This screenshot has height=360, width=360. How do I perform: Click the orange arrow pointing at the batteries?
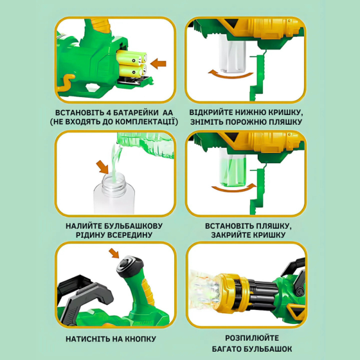(158, 64)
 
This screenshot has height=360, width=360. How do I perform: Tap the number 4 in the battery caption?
(109, 113)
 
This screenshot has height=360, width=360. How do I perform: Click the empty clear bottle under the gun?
(232, 54)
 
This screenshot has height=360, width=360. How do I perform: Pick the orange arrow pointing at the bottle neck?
(103, 167)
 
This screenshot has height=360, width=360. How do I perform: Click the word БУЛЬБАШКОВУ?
(134, 226)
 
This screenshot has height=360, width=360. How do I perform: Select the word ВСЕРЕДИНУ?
(130, 235)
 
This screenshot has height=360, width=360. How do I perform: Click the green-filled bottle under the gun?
(233, 168)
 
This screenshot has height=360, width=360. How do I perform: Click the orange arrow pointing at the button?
(114, 253)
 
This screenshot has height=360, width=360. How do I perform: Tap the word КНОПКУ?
(141, 339)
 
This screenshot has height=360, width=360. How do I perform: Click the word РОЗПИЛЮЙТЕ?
(252, 338)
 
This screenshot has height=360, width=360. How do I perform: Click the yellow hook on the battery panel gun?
(66, 82)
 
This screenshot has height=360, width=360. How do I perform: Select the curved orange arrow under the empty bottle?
(231, 75)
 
